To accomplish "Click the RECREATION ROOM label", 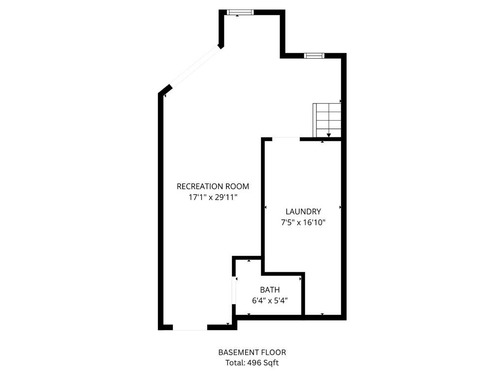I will [213, 186].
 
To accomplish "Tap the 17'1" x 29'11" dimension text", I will [213, 197].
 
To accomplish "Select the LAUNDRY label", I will [303, 212].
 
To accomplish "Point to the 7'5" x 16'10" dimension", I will [303, 222].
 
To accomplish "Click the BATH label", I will [270, 290].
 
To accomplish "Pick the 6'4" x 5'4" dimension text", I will [270, 300].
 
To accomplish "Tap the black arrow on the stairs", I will [328, 135].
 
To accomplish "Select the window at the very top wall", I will [240, 12].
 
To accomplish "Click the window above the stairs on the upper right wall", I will [313, 56].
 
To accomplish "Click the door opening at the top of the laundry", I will [285, 139].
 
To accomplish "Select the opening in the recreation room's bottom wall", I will [189, 327].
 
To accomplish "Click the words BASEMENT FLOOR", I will [252, 352].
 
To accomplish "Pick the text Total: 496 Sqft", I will [252, 363].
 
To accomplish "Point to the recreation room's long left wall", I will [160, 212].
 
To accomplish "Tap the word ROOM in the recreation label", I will [237, 186].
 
